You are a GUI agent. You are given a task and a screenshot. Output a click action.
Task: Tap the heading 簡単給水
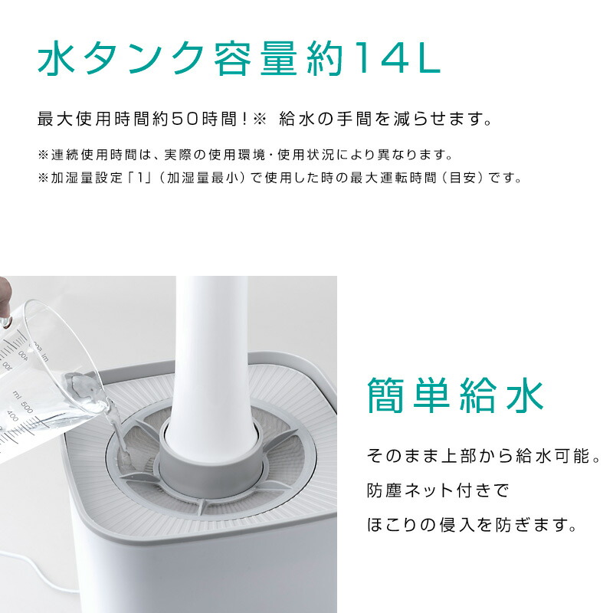coord(456,396)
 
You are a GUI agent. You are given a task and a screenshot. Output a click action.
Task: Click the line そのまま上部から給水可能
coord(481,456)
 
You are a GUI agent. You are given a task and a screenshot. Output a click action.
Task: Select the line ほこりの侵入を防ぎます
coord(470,526)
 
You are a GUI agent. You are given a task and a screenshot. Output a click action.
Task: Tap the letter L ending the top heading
coord(426,59)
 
